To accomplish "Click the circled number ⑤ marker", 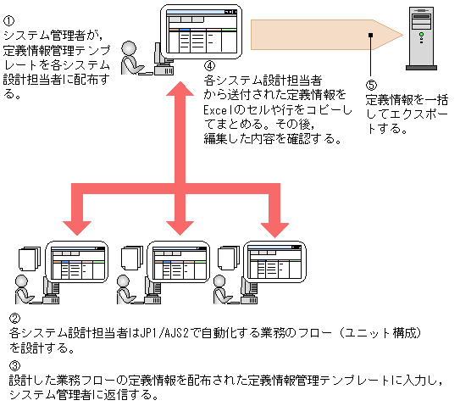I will coord(370,85).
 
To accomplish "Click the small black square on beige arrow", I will coord(370,35).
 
